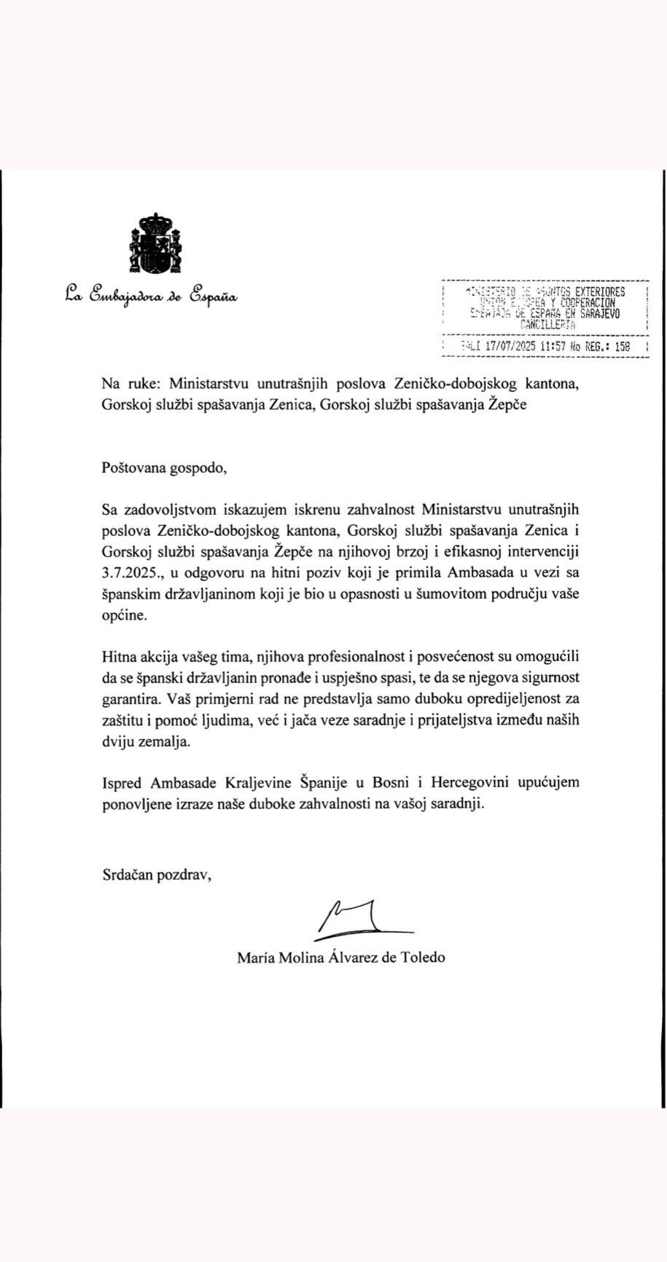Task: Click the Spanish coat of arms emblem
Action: [x=155, y=245]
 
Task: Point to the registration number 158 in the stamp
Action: [x=622, y=347]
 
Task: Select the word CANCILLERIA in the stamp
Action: [x=545, y=326]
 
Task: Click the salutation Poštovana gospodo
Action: [x=165, y=468]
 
